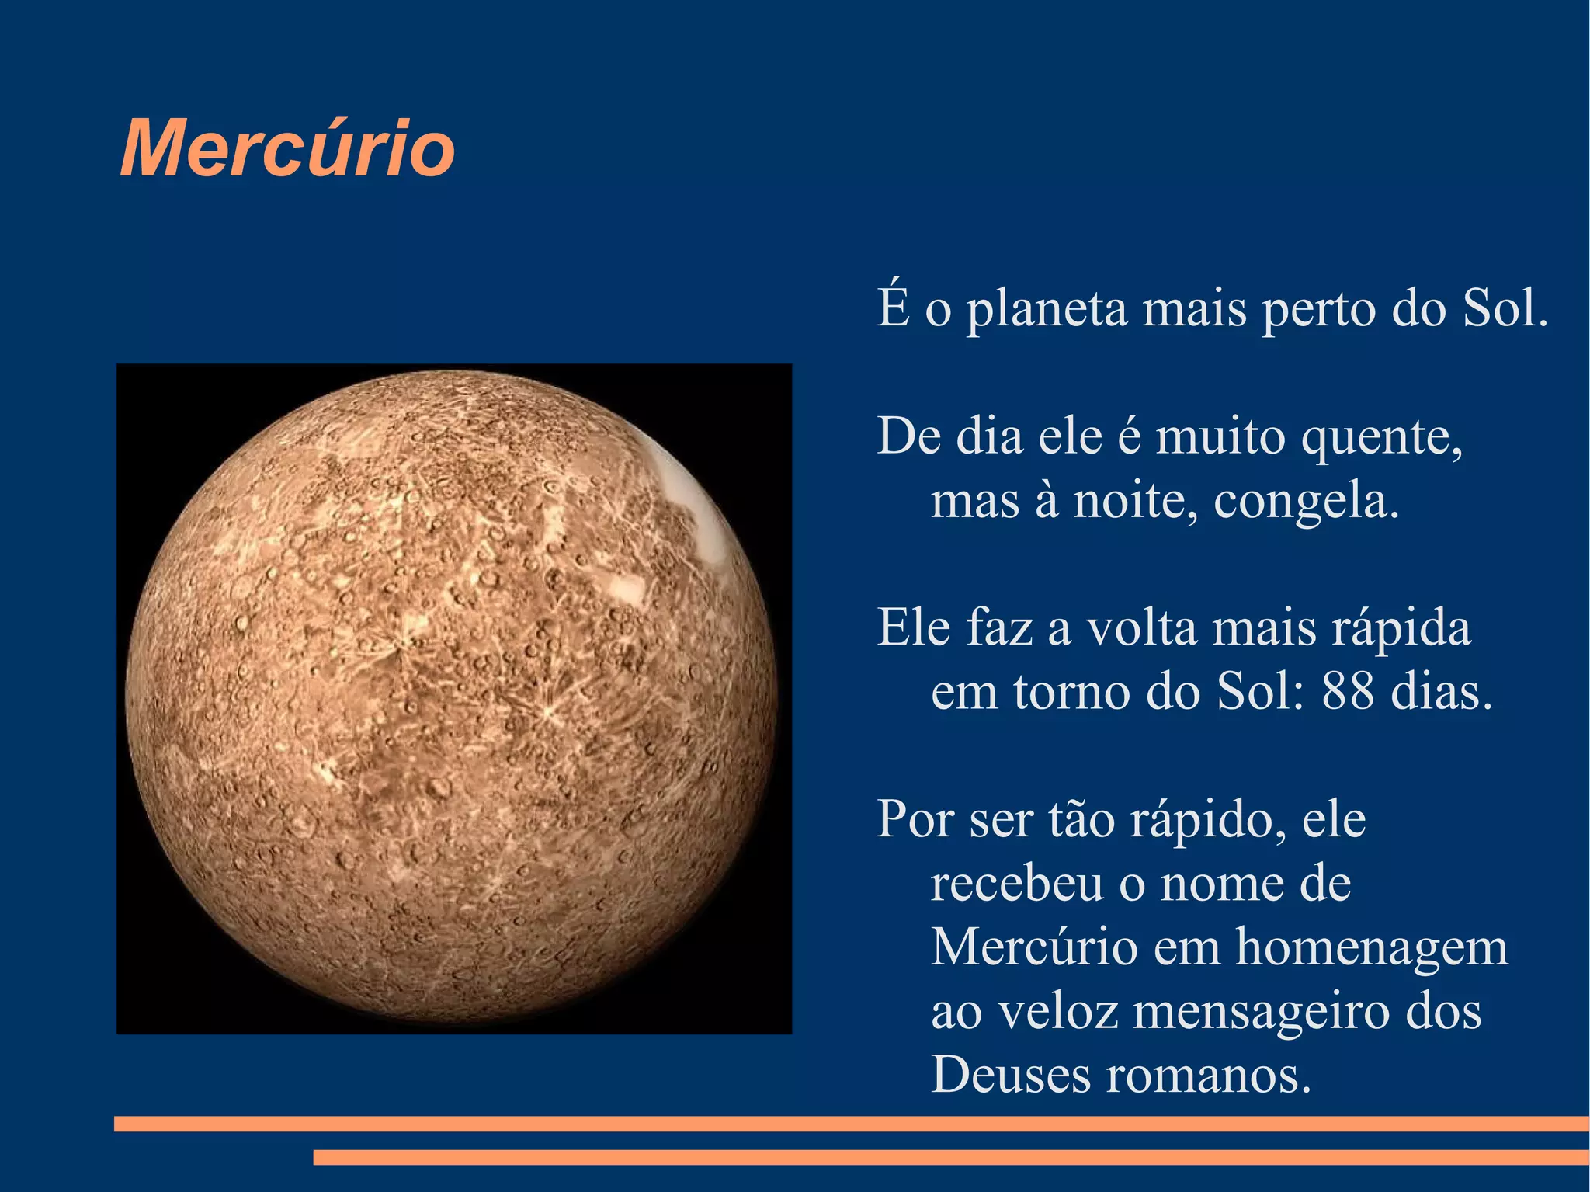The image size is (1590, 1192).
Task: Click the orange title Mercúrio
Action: tap(287, 149)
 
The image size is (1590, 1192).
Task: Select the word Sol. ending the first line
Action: tap(1505, 308)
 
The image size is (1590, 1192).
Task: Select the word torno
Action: tap(1071, 691)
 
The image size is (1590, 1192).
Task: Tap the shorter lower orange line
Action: tap(951, 1157)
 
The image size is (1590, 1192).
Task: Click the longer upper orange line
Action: tap(852, 1124)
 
